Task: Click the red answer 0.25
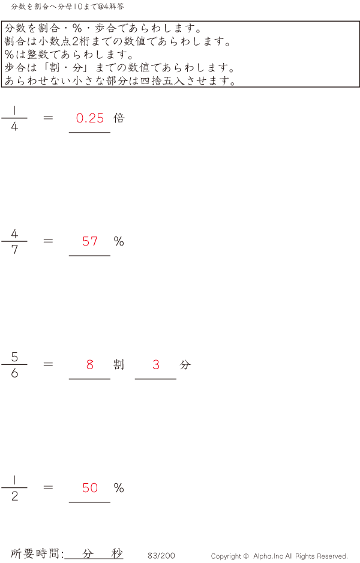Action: (x=90, y=118)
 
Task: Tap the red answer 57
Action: (x=90, y=241)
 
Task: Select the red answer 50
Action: (x=90, y=488)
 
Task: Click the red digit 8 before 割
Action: (x=90, y=364)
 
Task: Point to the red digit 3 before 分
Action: (x=156, y=364)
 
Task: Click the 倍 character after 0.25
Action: (x=119, y=118)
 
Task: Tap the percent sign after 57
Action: (x=119, y=241)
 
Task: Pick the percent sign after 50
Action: (x=119, y=488)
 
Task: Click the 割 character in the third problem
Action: (x=119, y=364)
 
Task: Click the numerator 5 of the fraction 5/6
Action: (x=14, y=357)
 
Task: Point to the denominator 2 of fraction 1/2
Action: (x=14, y=496)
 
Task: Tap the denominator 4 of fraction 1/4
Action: (x=14, y=127)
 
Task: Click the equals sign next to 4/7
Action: (x=49, y=241)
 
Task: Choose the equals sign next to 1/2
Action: (x=49, y=488)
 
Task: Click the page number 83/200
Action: (x=161, y=556)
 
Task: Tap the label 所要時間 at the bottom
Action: (x=36, y=554)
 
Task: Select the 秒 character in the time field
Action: (x=117, y=553)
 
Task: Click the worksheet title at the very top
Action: (x=68, y=7)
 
